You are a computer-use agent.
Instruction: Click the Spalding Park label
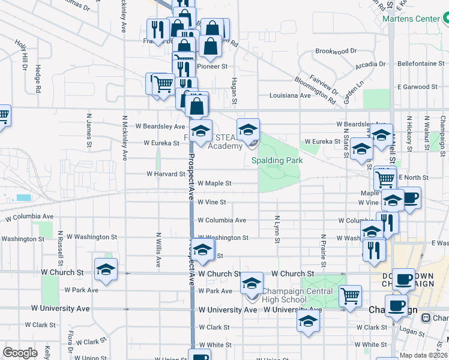(276, 160)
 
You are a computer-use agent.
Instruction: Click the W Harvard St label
(166, 174)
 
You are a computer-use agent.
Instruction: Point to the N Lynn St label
(277, 229)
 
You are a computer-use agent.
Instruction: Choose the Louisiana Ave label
(290, 95)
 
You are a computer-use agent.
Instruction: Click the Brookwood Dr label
(336, 51)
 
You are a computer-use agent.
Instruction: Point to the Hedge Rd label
(38, 78)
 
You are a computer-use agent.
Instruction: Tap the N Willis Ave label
(158, 250)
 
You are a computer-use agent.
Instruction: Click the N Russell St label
(61, 247)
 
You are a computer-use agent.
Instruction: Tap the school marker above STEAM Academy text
(248, 128)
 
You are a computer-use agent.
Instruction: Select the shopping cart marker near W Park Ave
(350, 295)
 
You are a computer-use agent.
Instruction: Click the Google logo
(20, 352)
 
